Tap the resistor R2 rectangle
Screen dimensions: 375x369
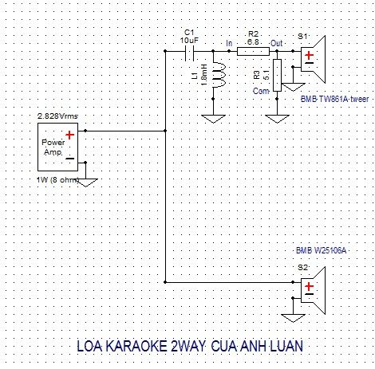[253, 51]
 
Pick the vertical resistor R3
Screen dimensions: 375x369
[277, 76]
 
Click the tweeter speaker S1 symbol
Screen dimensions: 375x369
[313, 59]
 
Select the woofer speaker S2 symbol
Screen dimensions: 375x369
[313, 290]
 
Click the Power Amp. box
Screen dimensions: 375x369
[57, 147]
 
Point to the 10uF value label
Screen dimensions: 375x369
[189, 41]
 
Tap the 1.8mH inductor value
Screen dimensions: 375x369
[204, 75]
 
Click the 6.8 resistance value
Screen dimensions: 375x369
[253, 42]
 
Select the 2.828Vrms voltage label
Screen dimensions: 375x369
[57, 116]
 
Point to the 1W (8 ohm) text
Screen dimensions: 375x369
[57, 180]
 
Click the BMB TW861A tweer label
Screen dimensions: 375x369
[334, 99]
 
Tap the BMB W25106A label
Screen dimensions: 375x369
[322, 250]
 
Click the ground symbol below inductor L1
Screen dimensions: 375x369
[213, 119]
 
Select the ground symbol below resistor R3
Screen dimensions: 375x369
[277, 119]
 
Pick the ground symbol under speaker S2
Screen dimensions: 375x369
[293, 318]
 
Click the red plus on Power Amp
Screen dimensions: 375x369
[69, 135]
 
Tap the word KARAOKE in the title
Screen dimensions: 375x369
[136, 346]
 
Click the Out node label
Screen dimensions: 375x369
[277, 43]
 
